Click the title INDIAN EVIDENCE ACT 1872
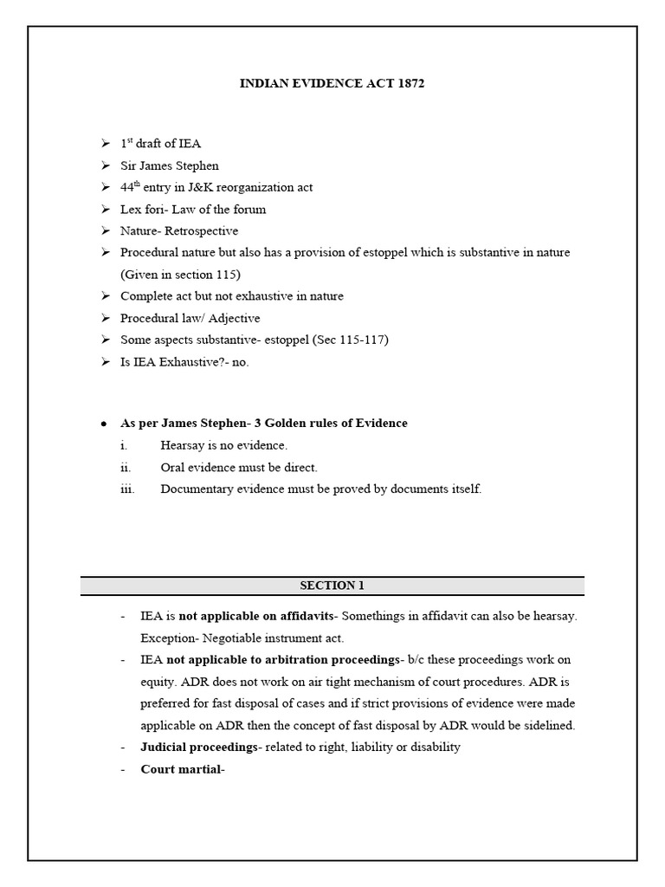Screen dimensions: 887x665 pos(332,84)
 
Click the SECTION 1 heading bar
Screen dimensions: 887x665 pos(332,586)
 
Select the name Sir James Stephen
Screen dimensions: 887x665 pos(169,165)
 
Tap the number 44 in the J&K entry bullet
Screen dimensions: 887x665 pos(126,187)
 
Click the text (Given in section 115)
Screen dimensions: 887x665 pos(180,275)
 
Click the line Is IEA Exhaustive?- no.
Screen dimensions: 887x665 pos(184,362)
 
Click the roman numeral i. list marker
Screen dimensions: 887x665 pos(123,445)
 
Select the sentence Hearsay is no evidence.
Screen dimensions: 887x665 pos(223,445)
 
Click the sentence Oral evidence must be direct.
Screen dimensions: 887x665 pos(239,467)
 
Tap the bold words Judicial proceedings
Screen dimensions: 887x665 pos(198,747)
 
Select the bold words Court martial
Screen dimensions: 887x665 pos(182,769)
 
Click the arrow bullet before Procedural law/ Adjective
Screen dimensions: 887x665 pos(105,318)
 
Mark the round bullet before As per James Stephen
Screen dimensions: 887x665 pos(104,424)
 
